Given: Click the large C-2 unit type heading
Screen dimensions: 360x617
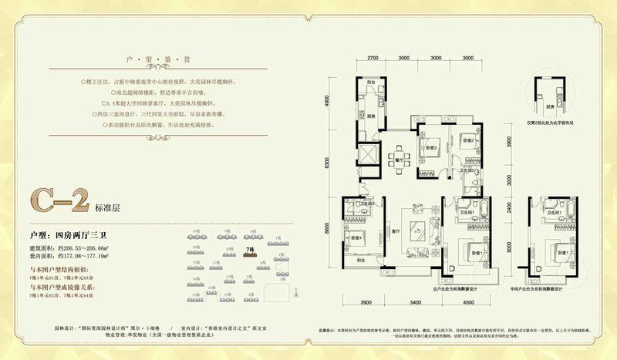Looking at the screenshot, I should [x=52, y=204].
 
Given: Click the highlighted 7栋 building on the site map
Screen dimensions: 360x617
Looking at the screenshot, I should [x=249, y=253].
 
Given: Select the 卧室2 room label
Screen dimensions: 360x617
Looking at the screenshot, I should [x=467, y=141].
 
